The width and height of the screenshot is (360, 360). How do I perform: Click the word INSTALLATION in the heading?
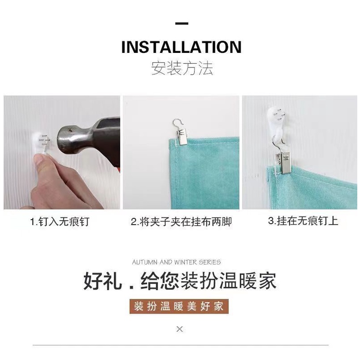click(181, 47)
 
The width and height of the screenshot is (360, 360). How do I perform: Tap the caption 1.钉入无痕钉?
click(60, 222)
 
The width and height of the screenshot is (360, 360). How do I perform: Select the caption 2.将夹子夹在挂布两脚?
click(181, 222)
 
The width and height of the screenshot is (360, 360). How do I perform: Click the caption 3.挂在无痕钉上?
click(303, 221)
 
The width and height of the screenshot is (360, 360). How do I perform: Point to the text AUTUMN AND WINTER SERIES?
click(176, 262)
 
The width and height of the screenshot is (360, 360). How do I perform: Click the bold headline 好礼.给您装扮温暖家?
click(180, 280)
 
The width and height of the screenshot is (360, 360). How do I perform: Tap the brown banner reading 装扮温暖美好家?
click(179, 306)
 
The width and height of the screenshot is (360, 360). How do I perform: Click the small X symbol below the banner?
click(180, 329)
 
